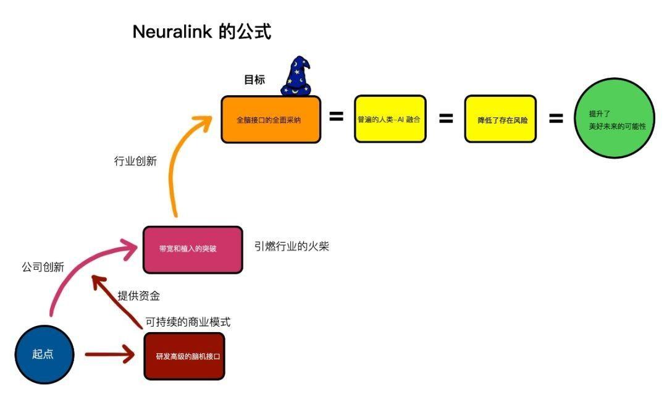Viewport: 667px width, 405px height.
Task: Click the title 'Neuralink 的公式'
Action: (x=202, y=32)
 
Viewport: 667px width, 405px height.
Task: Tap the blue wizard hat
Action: (x=296, y=77)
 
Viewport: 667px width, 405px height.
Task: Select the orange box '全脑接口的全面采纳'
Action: (x=271, y=120)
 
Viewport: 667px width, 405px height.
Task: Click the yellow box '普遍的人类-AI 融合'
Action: (x=390, y=119)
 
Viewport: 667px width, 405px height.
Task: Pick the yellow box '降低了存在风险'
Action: (x=500, y=119)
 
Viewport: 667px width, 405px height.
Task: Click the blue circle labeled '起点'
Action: (x=44, y=354)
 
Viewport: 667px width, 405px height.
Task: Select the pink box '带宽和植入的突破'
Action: (x=193, y=249)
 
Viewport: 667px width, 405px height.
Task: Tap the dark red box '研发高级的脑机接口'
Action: (x=184, y=356)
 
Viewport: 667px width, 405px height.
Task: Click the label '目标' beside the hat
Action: (x=254, y=80)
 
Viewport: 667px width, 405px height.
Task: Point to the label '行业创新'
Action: (x=135, y=162)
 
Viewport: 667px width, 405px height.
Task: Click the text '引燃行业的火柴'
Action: (x=292, y=246)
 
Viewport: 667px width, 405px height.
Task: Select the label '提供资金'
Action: (x=139, y=296)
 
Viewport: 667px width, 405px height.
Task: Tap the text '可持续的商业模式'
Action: (x=188, y=322)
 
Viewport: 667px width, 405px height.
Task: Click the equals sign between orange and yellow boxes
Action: (x=336, y=116)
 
